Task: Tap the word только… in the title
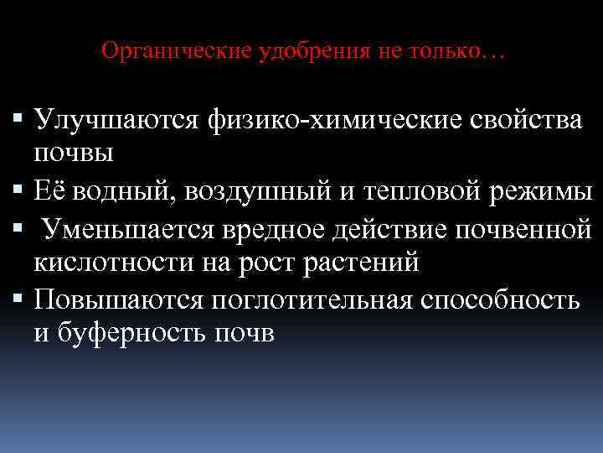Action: click(x=458, y=51)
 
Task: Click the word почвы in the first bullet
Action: click(x=74, y=153)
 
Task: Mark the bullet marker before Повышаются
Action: click(x=19, y=299)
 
